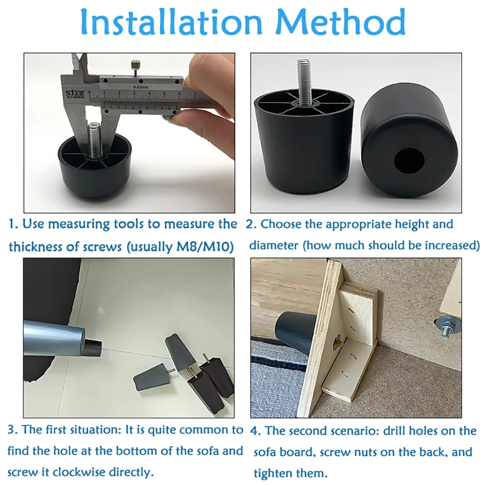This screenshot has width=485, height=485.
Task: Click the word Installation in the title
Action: [172, 22]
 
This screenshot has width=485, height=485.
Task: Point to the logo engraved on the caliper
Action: [74, 94]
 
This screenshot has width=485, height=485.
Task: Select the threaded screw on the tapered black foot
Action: [305, 81]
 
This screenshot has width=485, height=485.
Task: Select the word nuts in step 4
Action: [366, 452]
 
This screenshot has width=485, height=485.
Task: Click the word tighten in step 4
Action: [272, 473]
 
